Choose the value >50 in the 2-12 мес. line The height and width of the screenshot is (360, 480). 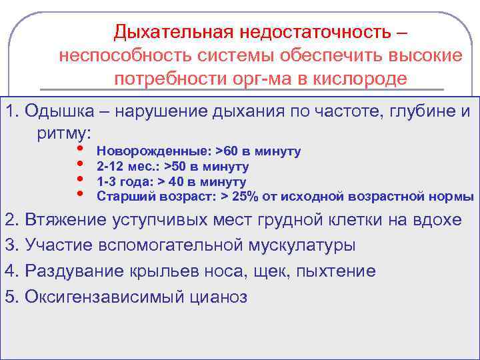point(176,167)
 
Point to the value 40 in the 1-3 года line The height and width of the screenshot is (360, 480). point(175,182)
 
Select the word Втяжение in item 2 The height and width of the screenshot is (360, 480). point(62,220)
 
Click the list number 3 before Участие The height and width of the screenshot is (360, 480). point(9,245)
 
